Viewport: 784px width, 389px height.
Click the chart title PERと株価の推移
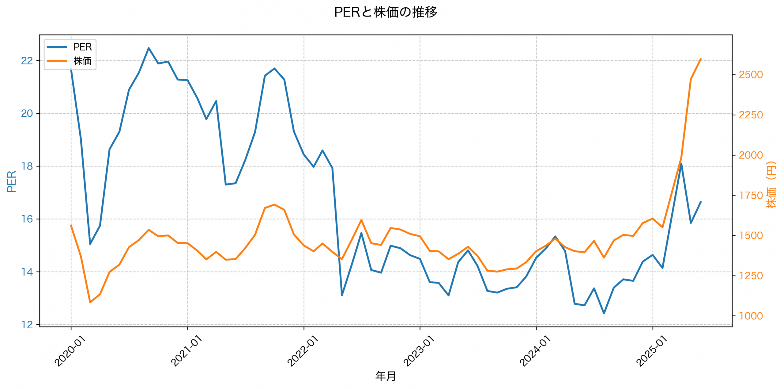(385, 12)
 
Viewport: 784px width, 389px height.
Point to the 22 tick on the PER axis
(27, 61)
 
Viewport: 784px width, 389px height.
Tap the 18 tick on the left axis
(27, 166)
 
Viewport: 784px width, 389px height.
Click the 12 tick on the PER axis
(27, 325)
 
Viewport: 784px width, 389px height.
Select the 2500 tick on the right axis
(750, 74)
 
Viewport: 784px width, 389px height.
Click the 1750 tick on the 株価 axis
(750, 195)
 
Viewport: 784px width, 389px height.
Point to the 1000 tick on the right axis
(750, 316)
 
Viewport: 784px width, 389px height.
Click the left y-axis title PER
(12, 181)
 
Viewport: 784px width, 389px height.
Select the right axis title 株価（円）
(771, 185)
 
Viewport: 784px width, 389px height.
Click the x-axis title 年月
(385, 376)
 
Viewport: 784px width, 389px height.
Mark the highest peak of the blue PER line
(149, 48)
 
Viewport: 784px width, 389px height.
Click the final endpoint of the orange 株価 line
(701, 59)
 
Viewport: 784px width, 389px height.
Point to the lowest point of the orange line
(90, 302)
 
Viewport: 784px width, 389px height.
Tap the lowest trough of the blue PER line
(604, 313)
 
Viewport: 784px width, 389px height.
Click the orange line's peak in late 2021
(274, 204)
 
